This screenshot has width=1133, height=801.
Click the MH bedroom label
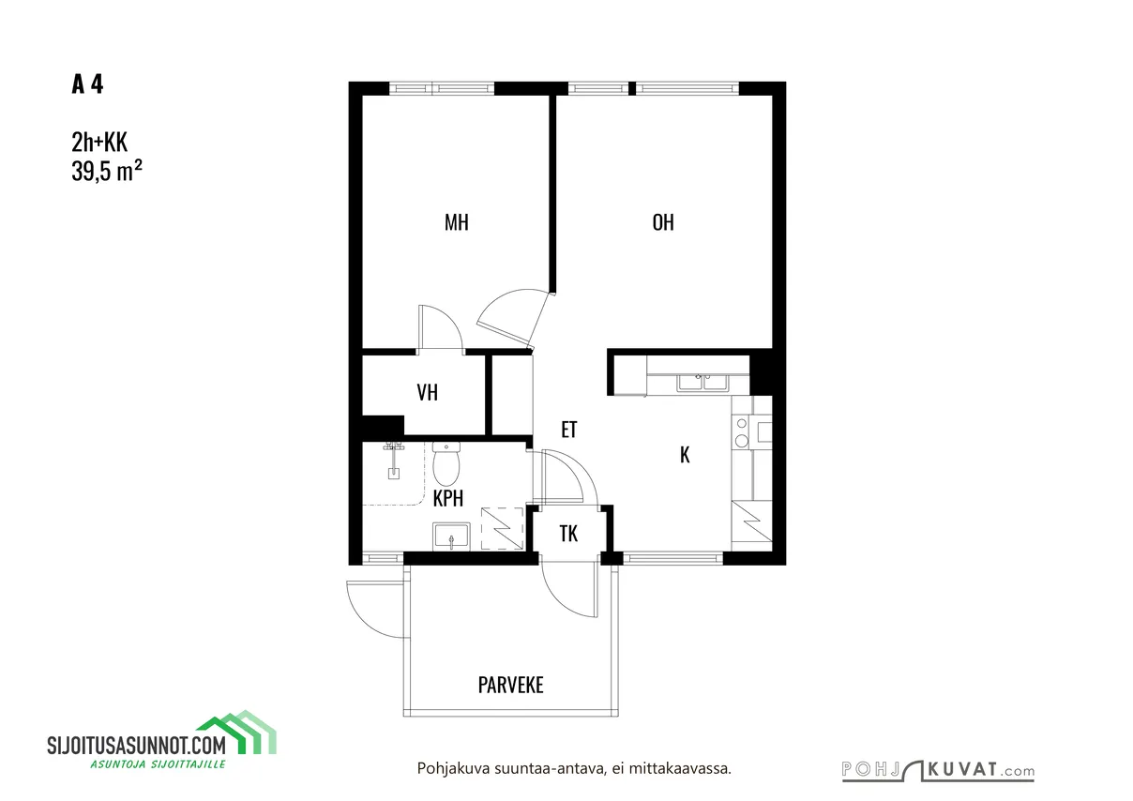point(456,222)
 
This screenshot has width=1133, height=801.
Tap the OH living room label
point(663,222)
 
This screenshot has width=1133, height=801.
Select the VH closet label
point(428,392)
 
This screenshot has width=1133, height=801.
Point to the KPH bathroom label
point(448,499)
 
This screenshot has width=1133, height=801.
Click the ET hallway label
point(569,430)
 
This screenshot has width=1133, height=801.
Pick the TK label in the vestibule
point(568,534)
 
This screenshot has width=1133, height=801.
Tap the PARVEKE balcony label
point(511,686)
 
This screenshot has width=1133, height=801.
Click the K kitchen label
point(685,455)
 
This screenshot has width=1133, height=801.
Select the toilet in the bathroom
point(446,463)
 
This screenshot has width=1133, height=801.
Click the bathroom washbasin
point(451,537)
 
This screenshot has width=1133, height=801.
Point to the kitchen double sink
point(703,383)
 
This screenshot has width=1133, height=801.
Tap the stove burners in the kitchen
point(742,431)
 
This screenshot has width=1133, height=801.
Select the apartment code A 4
point(87,84)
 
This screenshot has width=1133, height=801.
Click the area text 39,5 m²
point(107,171)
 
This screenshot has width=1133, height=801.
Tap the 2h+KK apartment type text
point(99,142)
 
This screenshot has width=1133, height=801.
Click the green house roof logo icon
point(236,733)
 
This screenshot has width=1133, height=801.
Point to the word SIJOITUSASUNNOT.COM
point(137,745)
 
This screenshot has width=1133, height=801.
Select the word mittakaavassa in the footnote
point(680,769)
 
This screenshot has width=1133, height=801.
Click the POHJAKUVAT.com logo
point(938,771)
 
